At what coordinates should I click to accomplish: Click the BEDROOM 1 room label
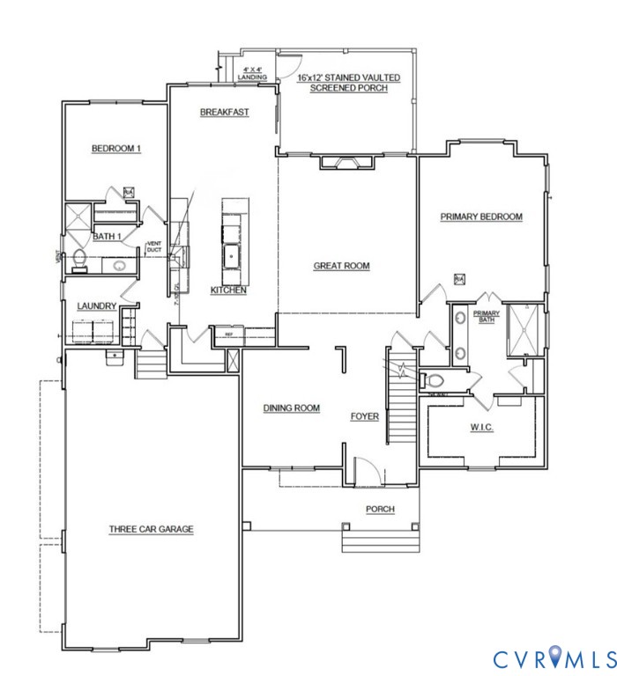point(116,149)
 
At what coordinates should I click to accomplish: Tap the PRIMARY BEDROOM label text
point(482,217)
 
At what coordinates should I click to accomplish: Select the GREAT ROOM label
point(341,266)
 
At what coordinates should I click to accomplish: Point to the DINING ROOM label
point(291,408)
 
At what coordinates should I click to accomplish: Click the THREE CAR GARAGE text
point(151,529)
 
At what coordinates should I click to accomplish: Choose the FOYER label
point(364,416)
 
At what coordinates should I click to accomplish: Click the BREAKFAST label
point(225,112)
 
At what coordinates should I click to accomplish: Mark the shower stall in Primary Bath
point(525,329)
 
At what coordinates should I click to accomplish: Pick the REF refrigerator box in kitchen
point(228,334)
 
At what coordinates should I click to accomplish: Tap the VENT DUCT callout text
point(153,246)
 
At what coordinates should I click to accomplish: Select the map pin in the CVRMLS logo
point(554,657)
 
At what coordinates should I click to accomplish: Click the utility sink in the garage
point(115,356)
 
